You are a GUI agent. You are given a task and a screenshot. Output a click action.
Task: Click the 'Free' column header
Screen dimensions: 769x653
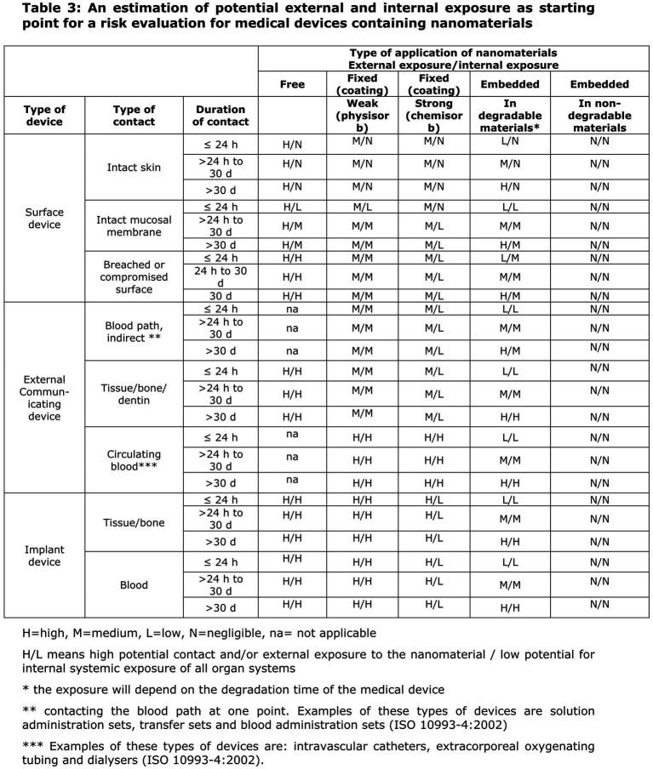coord(292,84)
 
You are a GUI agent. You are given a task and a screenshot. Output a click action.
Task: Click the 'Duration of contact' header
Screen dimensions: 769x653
coord(221,116)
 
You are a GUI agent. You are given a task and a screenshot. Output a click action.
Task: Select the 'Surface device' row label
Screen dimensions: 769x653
coord(43,218)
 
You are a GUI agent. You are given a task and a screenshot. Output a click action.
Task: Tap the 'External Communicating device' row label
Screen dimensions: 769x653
coord(43,398)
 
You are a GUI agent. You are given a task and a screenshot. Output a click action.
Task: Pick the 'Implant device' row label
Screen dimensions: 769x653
coord(43,555)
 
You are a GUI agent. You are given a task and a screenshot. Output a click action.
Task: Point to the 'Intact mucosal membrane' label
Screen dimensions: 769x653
coord(135,225)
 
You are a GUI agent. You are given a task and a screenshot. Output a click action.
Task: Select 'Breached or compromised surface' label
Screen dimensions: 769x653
coord(135,276)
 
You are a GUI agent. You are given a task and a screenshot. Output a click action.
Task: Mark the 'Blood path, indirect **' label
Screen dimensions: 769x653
coord(135,328)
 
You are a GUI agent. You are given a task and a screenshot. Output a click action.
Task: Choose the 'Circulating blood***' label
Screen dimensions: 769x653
coord(135,460)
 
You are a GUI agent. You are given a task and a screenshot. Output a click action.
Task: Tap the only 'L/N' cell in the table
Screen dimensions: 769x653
coord(505,145)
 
